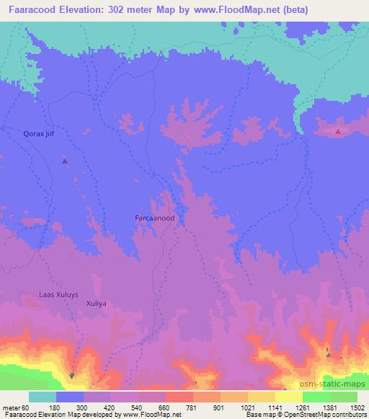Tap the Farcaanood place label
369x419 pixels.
click(155, 217)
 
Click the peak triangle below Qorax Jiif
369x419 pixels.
click(65, 161)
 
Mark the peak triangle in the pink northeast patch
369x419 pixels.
click(339, 131)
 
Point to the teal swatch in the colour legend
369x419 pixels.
click(42, 397)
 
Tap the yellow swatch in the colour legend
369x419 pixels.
click(288, 397)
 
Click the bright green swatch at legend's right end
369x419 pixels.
click(343, 397)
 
